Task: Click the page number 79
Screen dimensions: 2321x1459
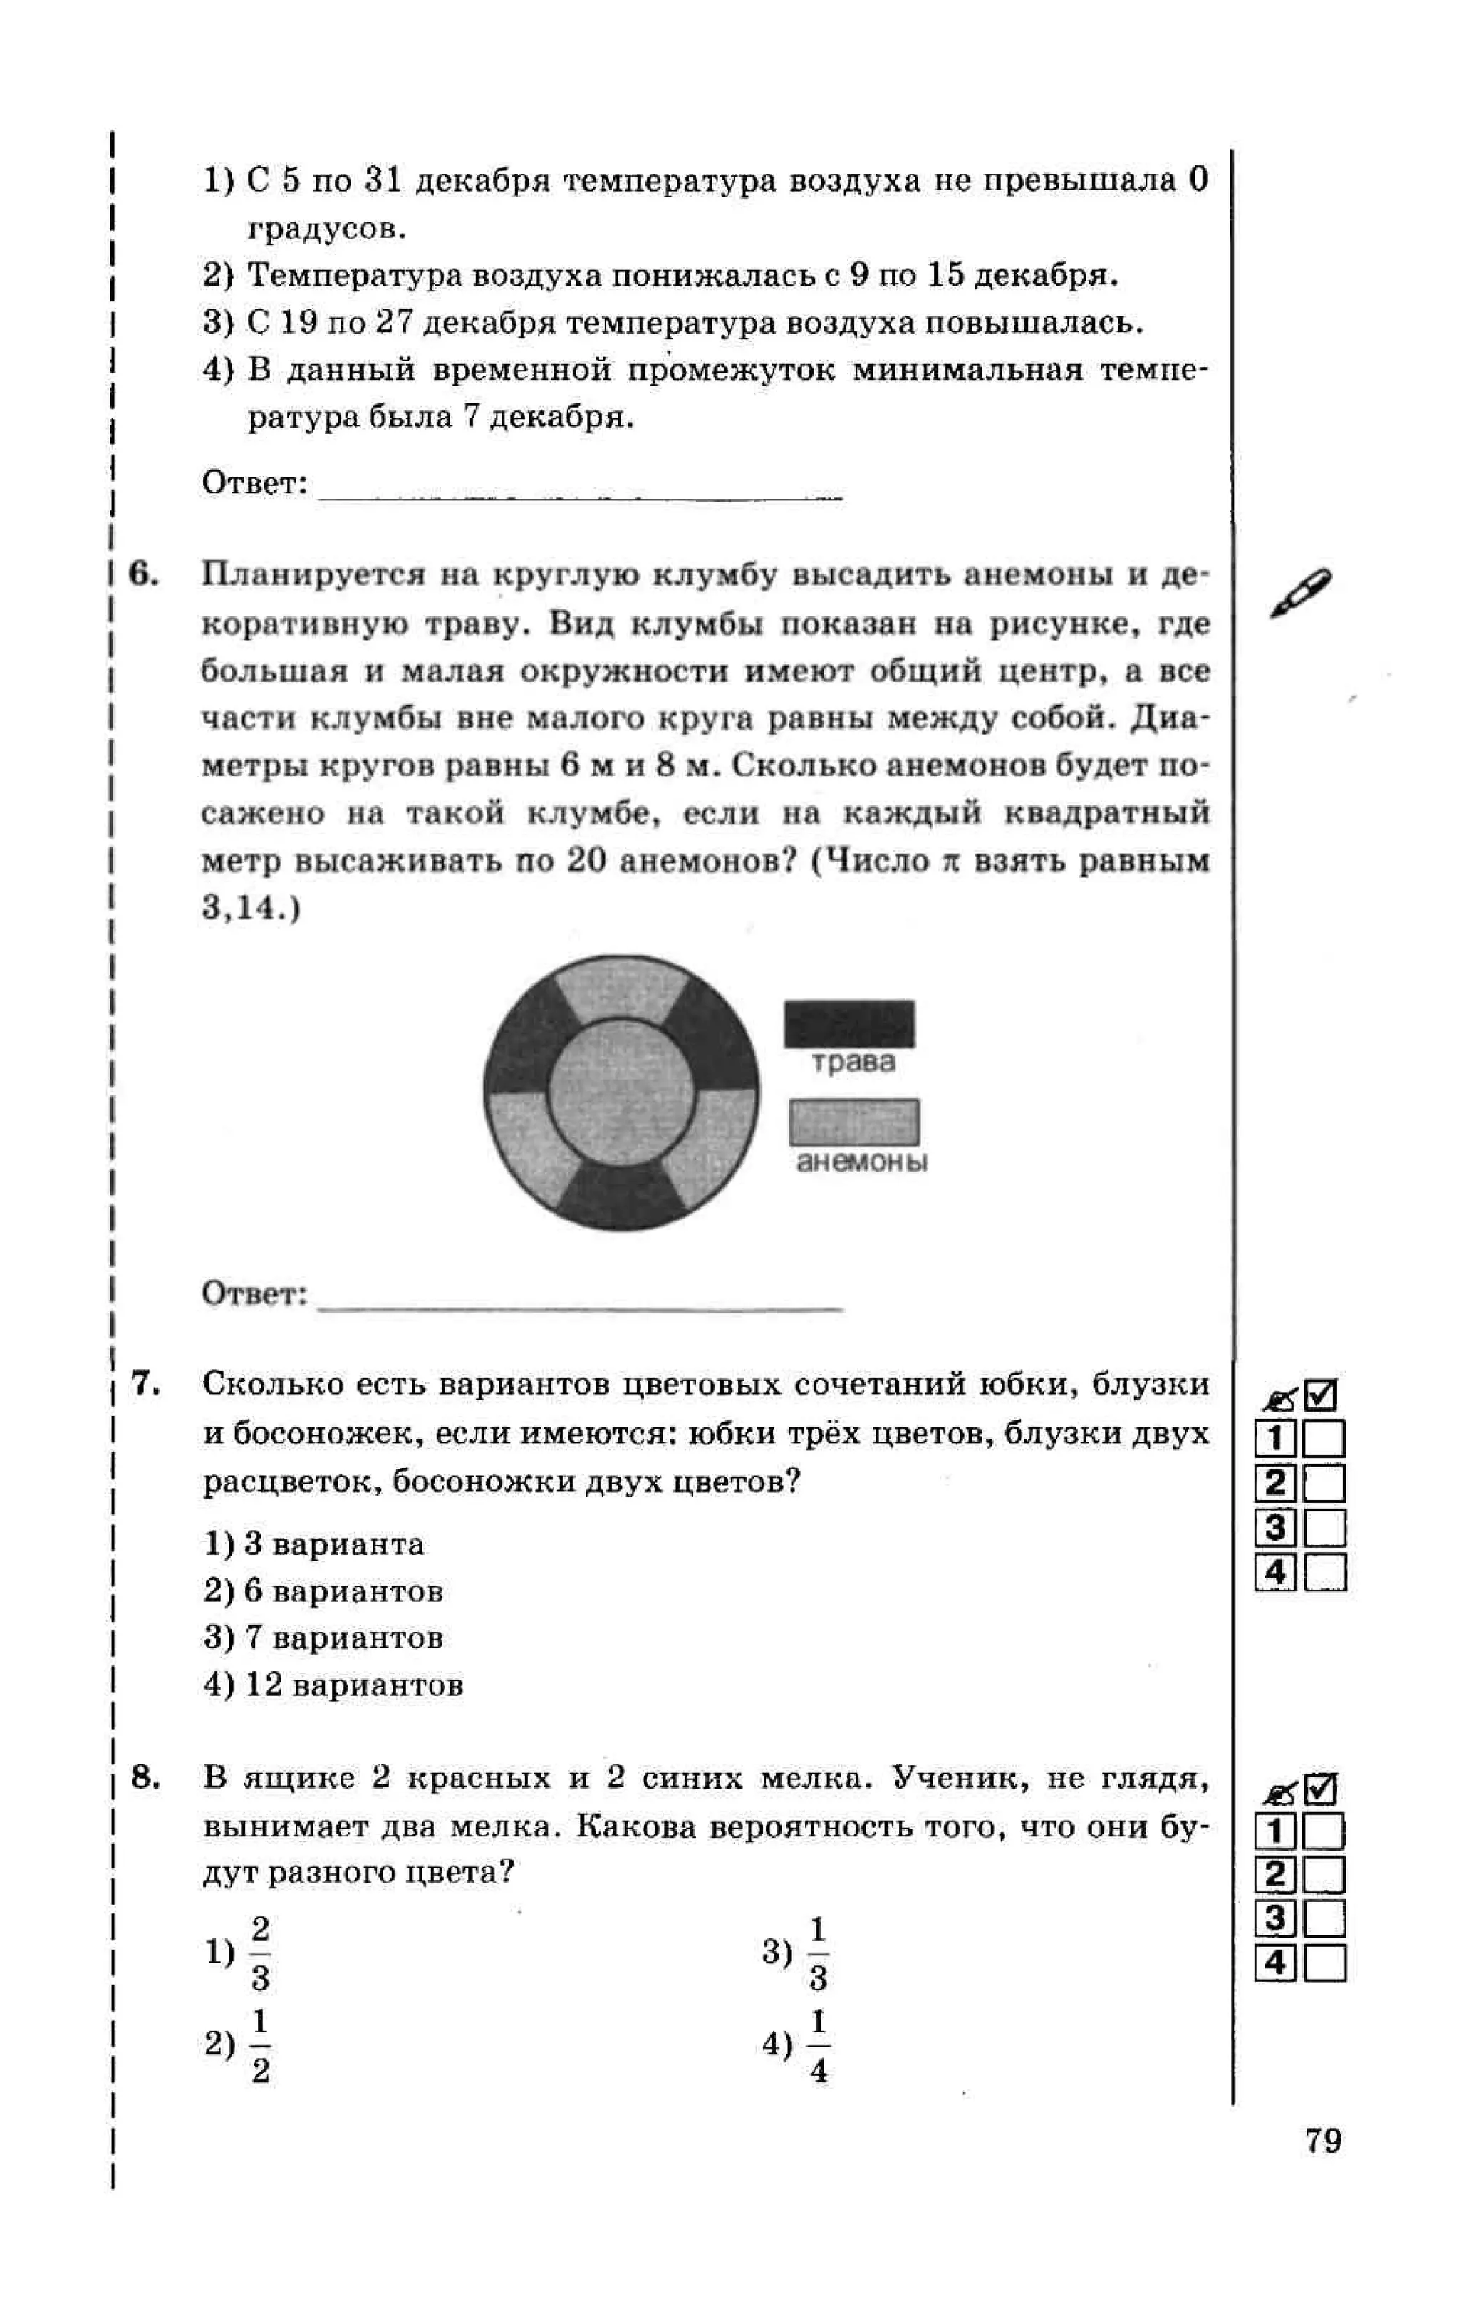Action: pos(1323,2140)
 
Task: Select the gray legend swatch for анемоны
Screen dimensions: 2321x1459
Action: pos(853,1122)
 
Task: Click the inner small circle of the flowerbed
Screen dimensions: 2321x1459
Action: pos(621,1092)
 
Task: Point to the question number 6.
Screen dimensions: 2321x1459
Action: pos(142,574)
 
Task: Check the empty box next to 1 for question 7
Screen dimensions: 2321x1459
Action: pos(1324,1439)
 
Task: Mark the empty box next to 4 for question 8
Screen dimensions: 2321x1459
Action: pos(1324,1963)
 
